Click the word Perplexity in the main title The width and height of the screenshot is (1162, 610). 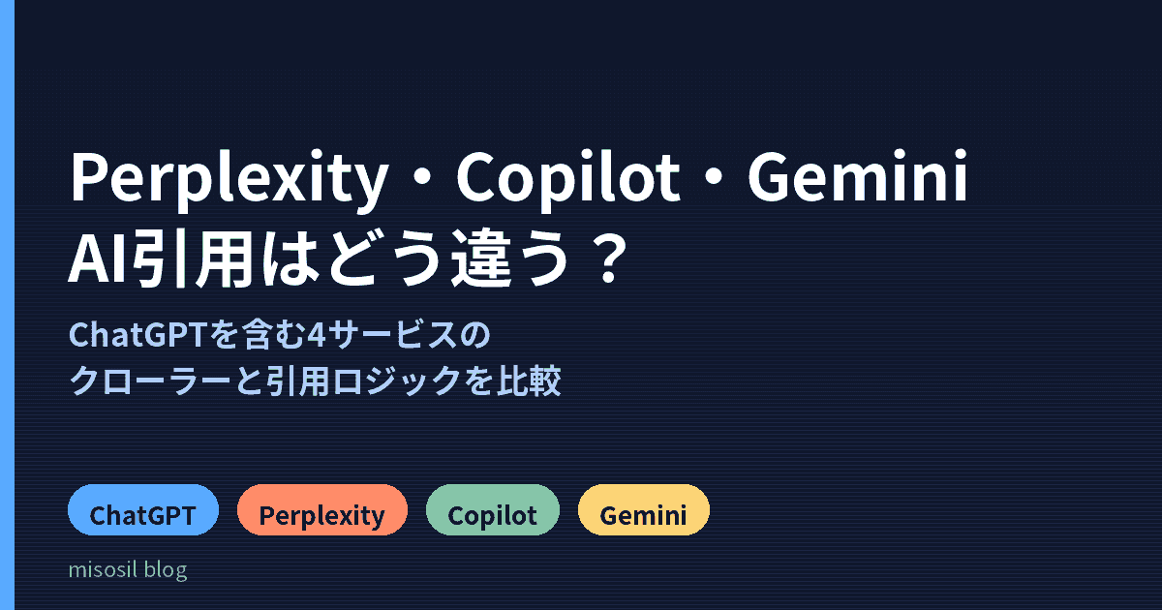coord(229,180)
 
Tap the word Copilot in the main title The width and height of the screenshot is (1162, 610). coord(568,180)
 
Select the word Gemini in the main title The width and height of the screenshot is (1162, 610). coord(858,176)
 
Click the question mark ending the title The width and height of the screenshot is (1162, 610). coord(614,259)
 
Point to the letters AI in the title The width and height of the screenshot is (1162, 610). coord(99,259)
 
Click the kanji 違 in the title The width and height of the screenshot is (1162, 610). coord(481,259)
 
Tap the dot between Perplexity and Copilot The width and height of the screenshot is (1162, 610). coord(423,176)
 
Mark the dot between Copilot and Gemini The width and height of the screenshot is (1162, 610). coord(715,176)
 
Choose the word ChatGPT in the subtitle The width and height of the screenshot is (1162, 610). coord(138,335)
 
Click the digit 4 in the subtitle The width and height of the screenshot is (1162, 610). coord(317,335)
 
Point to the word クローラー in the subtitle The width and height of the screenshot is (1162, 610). coord(150,381)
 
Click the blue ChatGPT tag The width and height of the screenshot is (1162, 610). coord(143,510)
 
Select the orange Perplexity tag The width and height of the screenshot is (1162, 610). coord(322,510)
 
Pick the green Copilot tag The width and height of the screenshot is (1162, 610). coord(492,510)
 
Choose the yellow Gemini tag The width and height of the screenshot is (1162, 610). coord(643,510)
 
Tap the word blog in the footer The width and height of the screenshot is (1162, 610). coord(166,570)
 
